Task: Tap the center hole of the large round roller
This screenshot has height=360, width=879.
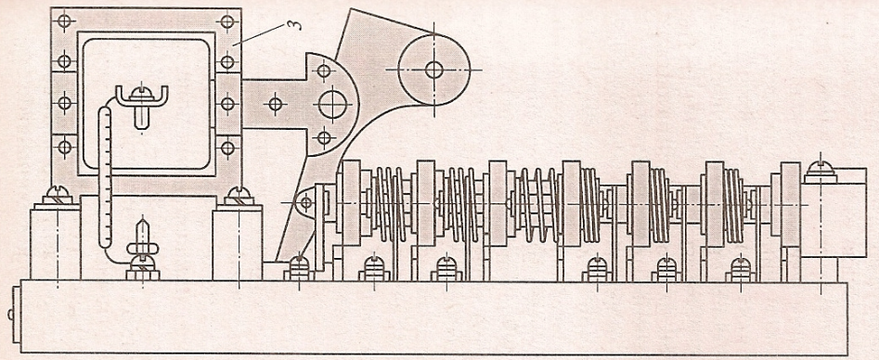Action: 433,70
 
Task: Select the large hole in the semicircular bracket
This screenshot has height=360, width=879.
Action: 333,104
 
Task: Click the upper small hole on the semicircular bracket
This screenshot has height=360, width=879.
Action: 323,71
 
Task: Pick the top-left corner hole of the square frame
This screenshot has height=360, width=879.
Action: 65,22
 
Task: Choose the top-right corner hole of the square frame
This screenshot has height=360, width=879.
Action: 227,22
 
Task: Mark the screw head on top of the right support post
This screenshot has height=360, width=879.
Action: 239,196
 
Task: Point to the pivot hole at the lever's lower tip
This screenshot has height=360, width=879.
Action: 305,201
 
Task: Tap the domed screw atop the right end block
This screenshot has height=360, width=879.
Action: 821,171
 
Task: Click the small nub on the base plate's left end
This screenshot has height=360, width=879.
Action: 11,315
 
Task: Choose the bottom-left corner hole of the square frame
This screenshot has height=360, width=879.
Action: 65,148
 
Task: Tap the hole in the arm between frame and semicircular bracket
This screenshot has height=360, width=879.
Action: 275,104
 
